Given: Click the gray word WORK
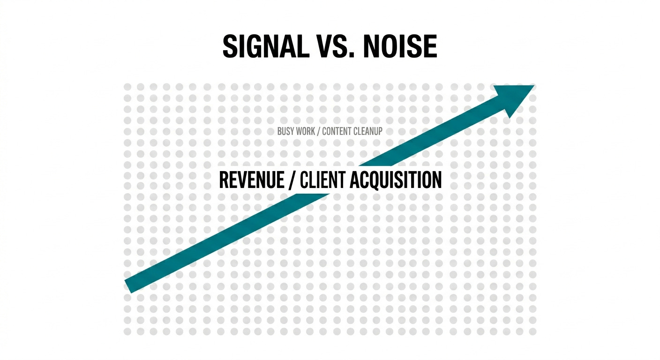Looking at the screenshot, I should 305,131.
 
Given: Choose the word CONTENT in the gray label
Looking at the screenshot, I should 339,131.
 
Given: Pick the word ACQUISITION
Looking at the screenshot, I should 394,180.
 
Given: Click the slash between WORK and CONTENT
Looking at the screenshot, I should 318,131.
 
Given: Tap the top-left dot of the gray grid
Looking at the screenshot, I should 127,87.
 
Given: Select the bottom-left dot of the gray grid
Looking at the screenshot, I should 127,331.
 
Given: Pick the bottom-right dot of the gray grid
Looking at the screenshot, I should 532,331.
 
